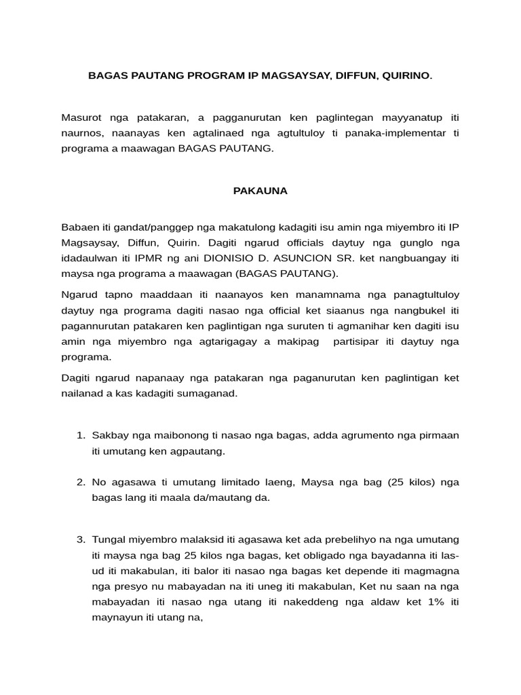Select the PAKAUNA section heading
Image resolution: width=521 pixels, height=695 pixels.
click(x=260, y=191)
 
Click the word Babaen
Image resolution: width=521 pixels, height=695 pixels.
click(x=79, y=227)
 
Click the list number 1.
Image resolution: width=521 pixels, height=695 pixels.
click(x=79, y=434)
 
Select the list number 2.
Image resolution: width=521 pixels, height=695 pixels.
click(x=79, y=482)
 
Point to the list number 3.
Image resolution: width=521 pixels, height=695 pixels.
click(x=79, y=540)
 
